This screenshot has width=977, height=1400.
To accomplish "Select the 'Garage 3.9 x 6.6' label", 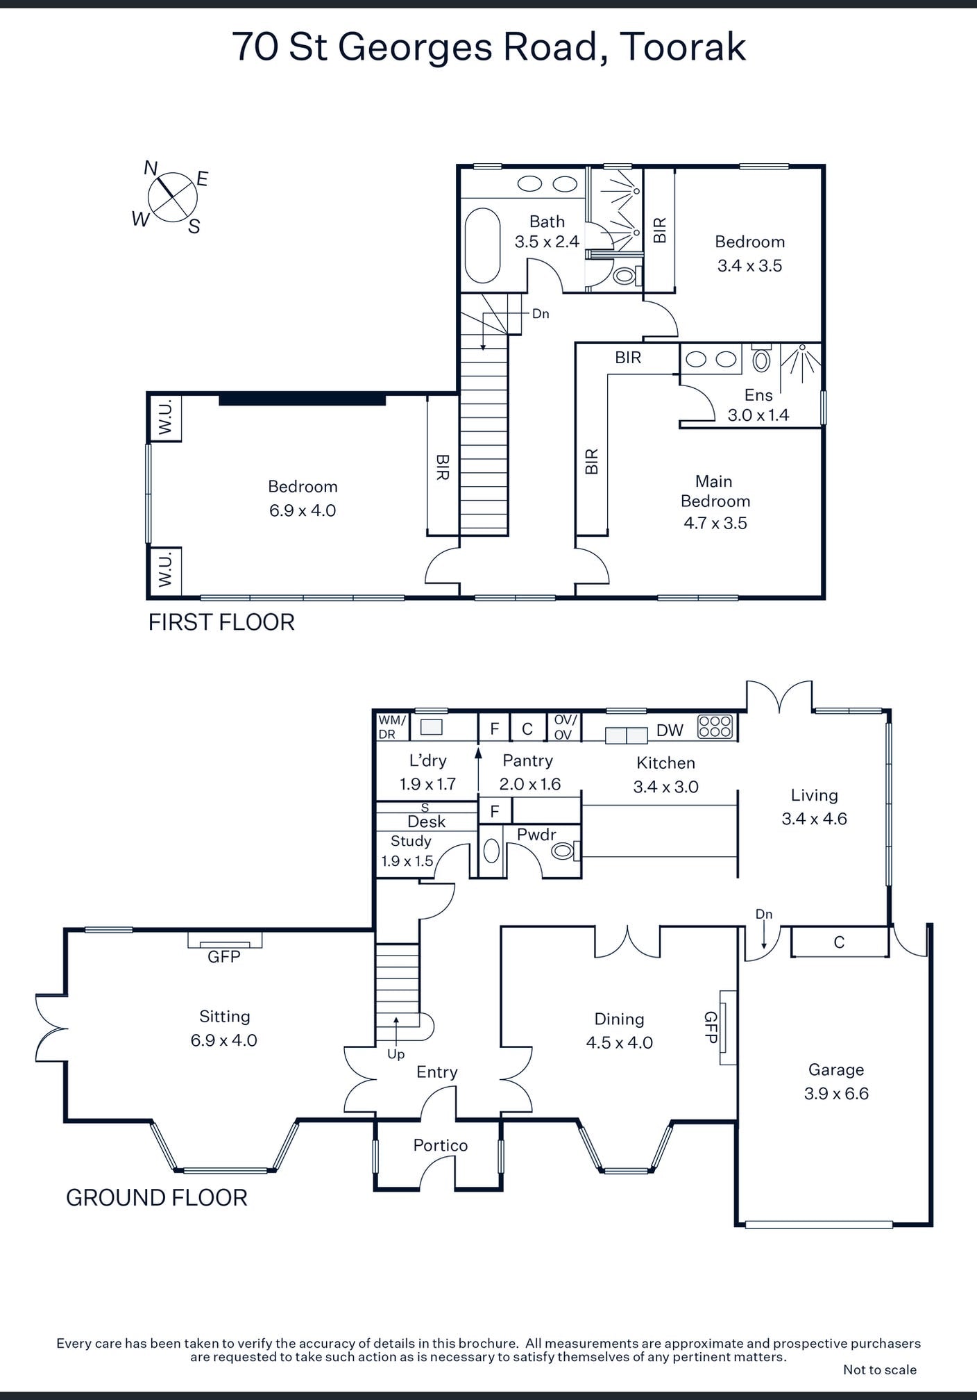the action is click(836, 1081).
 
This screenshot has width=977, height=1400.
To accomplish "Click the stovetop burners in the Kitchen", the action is click(715, 726).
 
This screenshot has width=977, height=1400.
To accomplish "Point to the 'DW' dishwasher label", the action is click(670, 731).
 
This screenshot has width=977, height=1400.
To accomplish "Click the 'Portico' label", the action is click(441, 1145).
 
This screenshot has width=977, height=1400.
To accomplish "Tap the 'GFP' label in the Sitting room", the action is click(224, 957).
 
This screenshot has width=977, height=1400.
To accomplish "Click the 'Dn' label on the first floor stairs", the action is click(541, 314).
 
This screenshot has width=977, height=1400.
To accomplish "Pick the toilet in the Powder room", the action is click(565, 849).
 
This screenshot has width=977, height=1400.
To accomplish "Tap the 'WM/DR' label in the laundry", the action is click(391, 727).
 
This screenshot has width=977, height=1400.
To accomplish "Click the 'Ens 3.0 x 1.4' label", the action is click(758, 405).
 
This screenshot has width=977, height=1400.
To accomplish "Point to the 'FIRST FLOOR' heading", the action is click(221, 622).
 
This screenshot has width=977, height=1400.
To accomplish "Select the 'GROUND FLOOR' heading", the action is click(157, 1198).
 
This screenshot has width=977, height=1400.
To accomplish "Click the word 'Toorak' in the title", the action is click(681, 47).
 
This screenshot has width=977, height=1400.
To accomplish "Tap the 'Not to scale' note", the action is click(880, 1369).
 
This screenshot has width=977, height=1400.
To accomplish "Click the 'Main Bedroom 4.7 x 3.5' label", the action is click(715, 502).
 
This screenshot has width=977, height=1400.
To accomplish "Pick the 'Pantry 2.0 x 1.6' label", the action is click(529, 772).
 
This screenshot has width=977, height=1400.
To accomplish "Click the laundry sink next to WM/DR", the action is click(432, 727).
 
